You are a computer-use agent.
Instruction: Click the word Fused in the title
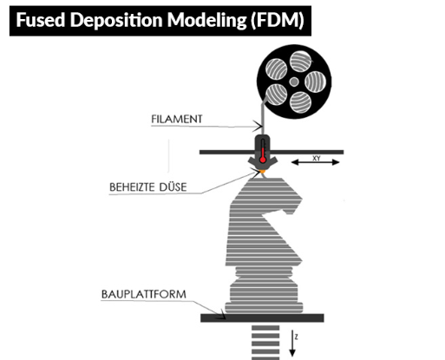tap(41, 20)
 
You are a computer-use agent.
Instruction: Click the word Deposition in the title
tap(116, 21)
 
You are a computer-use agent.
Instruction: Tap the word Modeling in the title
tap(207, 21)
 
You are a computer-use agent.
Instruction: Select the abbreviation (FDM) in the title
tap(278, 21)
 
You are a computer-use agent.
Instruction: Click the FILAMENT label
tap(177, 119)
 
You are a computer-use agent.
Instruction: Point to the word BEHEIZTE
tap(132, 187)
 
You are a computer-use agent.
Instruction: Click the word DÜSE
tap(173, 187)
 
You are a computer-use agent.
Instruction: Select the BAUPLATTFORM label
tap(144, 294)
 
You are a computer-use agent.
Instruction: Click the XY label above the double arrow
tap(317, 158)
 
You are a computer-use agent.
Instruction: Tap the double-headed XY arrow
tap(315, 162)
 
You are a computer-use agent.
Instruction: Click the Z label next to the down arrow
tap(296, 337)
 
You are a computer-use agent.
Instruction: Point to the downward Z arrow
tap(292, 344)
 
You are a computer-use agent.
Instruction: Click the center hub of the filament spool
tap(294, 82)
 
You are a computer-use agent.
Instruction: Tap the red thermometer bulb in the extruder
tap(263, 160)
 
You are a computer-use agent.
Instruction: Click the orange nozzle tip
tap(263, 172)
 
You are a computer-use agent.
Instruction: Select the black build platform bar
tap(262, 318)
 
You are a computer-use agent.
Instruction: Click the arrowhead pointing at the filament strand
tap(258, 126)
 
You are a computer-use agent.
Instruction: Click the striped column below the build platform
tap(265, 343)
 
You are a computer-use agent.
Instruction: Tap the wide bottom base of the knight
tap(264, 308)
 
